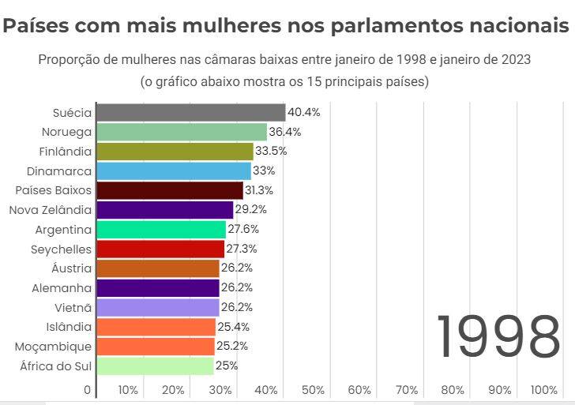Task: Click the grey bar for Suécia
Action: tap(190, 112)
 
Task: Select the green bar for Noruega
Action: tap(182, 132)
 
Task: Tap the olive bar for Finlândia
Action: tap(175, 152)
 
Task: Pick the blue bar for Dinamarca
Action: tap(173, 171)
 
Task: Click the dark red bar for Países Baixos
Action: tap(170, 190)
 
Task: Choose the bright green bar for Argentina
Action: tap(161, 230)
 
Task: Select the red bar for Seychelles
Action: tap(160, 249)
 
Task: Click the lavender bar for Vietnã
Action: tap(158, 307)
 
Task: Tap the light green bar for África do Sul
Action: tap(155, 366)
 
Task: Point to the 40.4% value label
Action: tap(304, 112)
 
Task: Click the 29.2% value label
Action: tap(251, 210)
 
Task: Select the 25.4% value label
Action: tap(234, 327)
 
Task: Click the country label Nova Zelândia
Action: tap(51, 210)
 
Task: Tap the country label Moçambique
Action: tap(54, 347)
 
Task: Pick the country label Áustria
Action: tap(72, 268)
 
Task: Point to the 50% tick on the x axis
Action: tap(314, 390)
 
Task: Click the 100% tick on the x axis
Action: tap(544, 390)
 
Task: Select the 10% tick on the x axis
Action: tap(128, 390)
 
